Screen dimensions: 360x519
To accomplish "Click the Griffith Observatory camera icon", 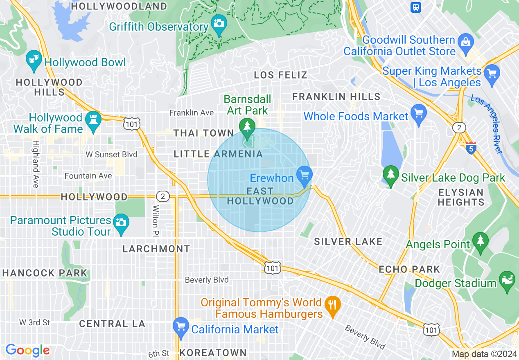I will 219,23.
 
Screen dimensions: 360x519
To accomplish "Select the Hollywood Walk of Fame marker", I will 93,120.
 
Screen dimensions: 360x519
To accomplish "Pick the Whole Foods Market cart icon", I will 418,113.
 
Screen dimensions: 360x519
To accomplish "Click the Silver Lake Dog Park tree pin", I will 391,175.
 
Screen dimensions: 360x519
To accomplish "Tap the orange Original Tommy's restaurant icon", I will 332,305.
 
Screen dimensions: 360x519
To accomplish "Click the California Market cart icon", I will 181,326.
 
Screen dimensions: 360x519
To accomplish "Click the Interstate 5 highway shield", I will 471,148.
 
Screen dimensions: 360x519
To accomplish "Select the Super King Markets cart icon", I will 492,74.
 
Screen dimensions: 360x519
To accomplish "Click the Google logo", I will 27,350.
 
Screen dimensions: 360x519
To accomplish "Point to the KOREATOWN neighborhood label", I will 213,353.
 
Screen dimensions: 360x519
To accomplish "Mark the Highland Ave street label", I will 36,164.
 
